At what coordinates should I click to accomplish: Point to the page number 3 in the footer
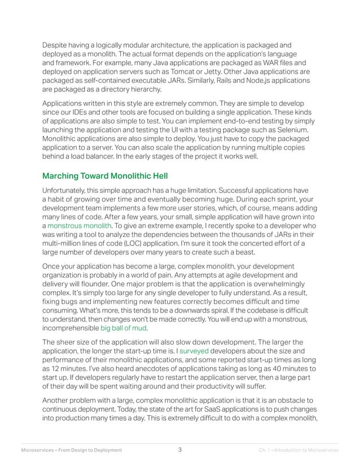click(x=179, y=450)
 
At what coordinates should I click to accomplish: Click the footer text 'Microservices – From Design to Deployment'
click(x=71, y=450)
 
